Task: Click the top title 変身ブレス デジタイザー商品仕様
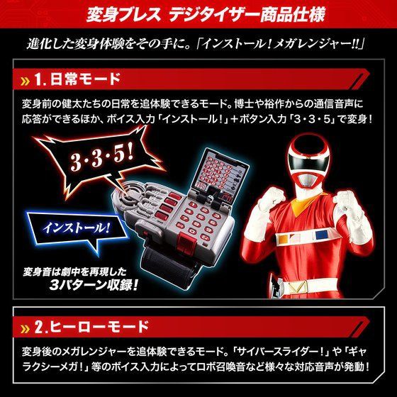[198, 13]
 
